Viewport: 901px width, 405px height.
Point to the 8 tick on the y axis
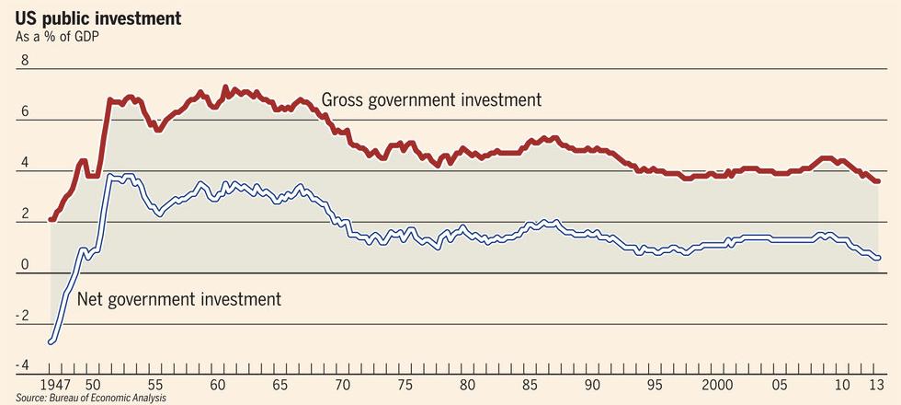[x=25, y=61]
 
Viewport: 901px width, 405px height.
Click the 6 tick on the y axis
[x=25, y=112]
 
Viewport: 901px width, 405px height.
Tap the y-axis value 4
[x=25, y=164]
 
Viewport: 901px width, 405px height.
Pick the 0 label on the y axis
[x=25, y=266]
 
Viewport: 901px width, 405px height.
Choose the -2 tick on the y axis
[x=23, y=317]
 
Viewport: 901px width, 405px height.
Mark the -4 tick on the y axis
[x=23, y=367]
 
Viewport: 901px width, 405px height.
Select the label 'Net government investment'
[x=178, y=299]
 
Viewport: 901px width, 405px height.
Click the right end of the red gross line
[x=879, y=181]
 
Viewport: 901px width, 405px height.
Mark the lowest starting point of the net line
[x=50, y=341]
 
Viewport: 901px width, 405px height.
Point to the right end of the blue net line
[x=879, y=258]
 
